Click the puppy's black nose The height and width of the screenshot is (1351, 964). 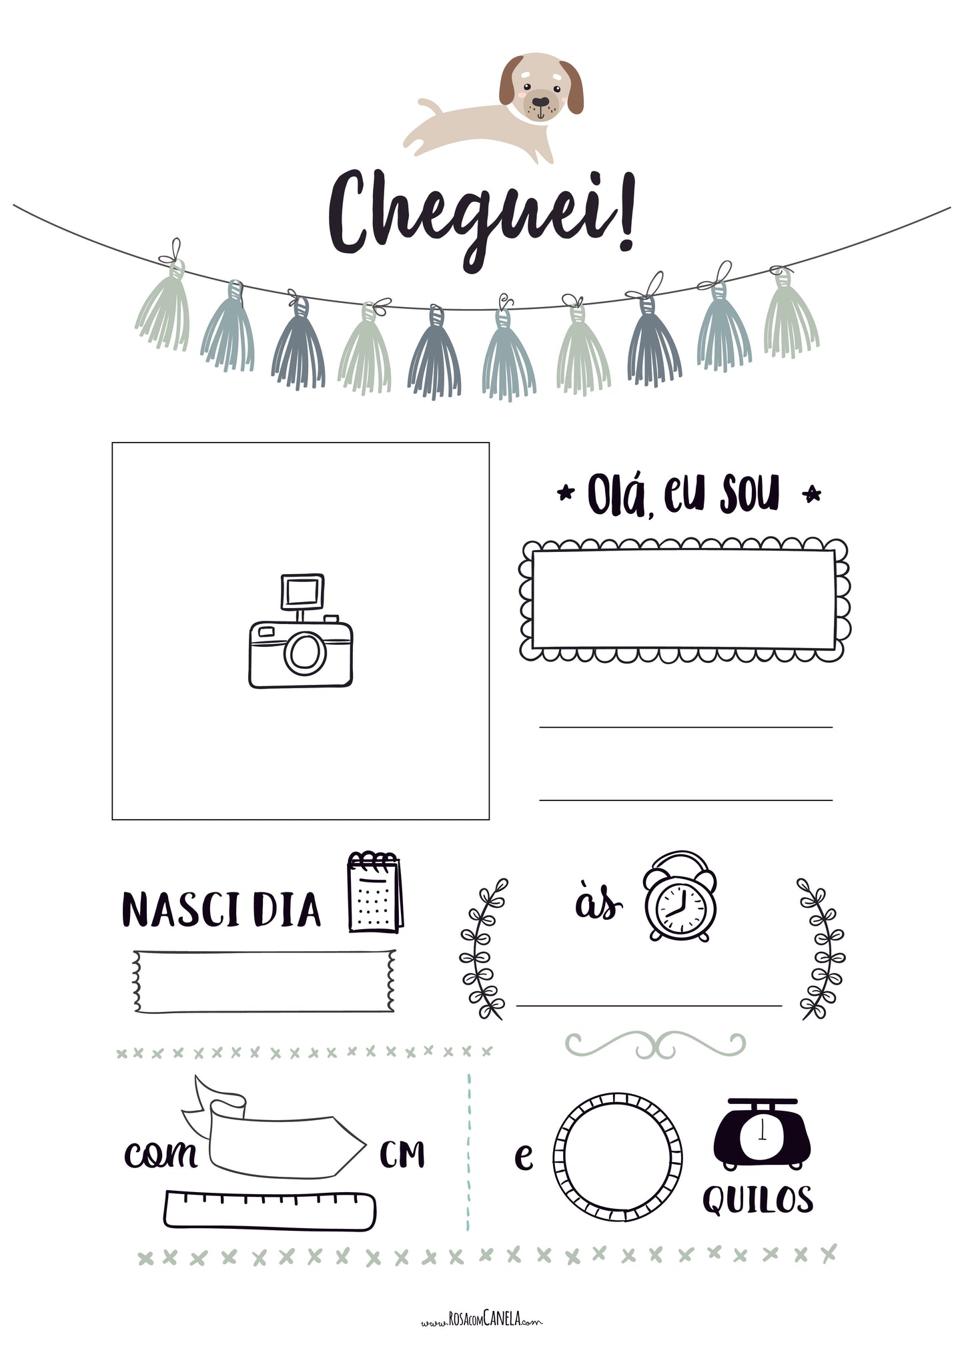540,102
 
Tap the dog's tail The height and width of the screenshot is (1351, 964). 430,106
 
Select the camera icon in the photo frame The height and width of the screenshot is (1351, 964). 301,631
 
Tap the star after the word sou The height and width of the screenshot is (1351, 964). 812,495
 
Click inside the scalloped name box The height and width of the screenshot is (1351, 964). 684,599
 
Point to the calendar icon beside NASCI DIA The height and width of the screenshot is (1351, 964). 375,892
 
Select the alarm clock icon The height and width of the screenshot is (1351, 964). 680,896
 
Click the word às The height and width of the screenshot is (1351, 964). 598,903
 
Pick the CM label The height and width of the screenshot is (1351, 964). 402,1154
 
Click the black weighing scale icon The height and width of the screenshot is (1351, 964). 762,1134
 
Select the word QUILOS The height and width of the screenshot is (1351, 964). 758,1199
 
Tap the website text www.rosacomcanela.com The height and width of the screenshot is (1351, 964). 482,1320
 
